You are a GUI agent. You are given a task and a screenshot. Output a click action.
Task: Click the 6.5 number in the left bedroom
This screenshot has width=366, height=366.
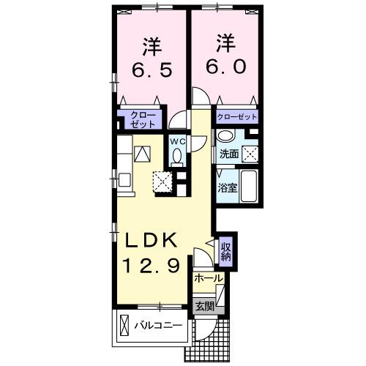click(x=152, y=72)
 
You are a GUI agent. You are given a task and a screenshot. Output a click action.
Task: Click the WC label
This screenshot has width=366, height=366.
click(x=178, y=141)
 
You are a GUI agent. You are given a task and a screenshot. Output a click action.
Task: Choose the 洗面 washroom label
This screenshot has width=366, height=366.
click(x=228, y=154)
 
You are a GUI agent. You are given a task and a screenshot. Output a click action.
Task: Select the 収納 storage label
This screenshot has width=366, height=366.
click(x=226, y=252)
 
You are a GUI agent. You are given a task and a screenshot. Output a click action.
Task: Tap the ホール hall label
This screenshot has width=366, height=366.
click(x=209, y=279)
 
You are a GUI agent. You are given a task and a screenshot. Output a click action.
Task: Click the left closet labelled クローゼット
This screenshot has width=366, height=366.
click(x=139, y=119)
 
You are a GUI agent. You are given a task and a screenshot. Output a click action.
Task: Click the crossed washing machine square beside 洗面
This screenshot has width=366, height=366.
click(x=250, y=154)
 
